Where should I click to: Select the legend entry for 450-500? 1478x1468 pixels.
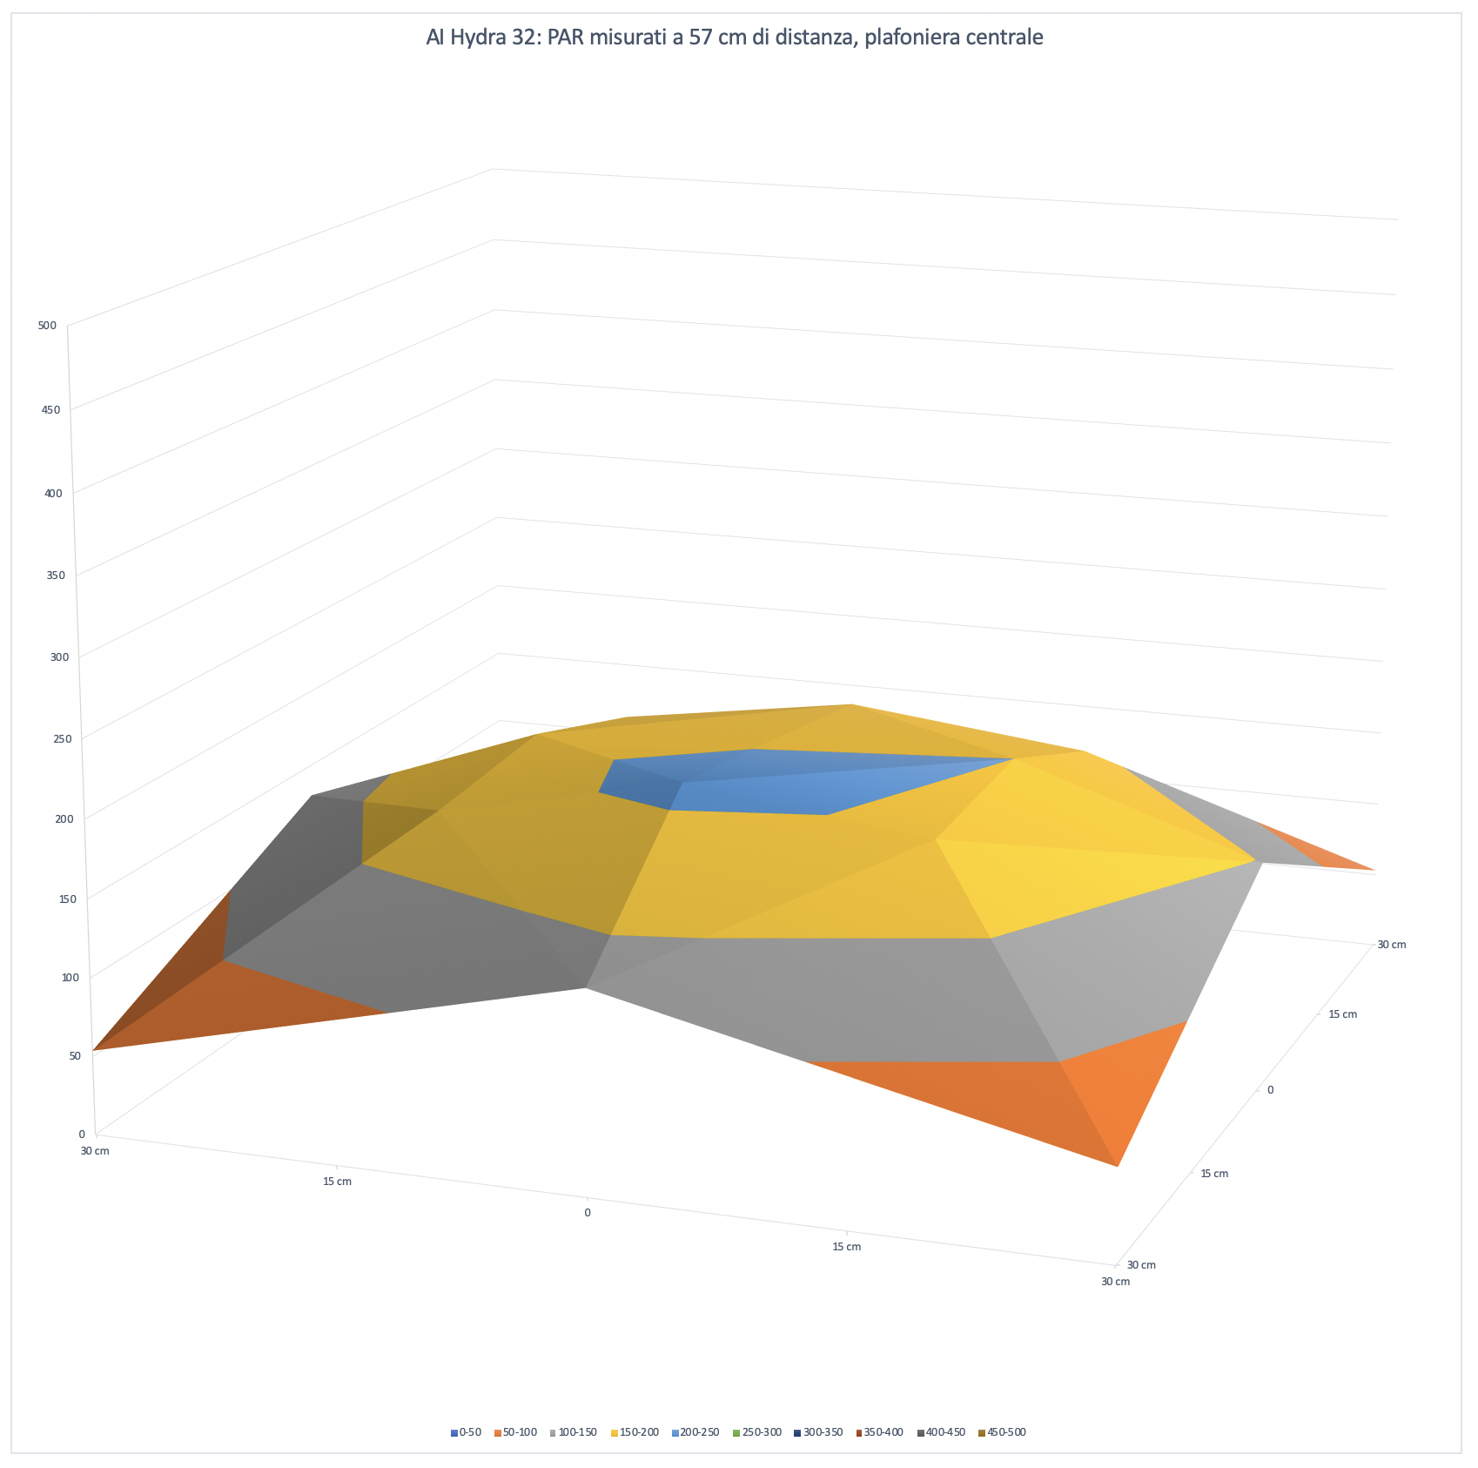coord(1002,1431)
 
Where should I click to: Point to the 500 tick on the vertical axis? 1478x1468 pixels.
coord(48,326)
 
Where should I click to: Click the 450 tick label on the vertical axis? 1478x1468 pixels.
coord(50,409)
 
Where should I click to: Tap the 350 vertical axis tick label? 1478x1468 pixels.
coord(56,575)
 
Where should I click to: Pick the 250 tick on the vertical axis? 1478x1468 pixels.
coord(61,738)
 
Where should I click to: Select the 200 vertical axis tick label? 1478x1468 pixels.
coord(64,818)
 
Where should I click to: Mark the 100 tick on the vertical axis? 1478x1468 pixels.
coord(71,977)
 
